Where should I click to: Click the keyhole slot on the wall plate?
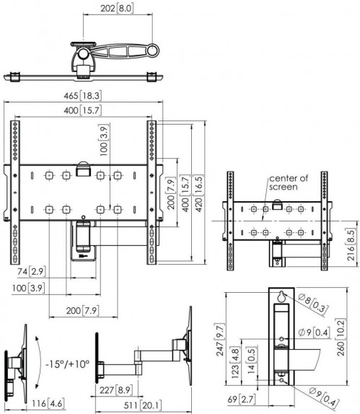point(280,296)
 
